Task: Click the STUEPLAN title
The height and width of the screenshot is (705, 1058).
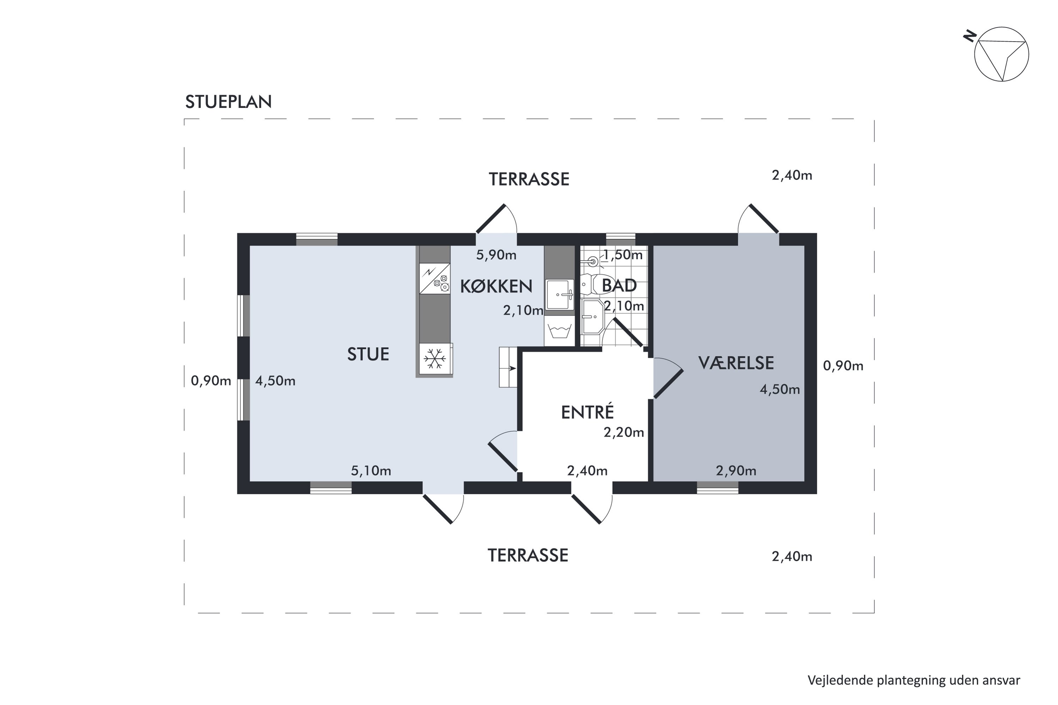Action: tap(229, 102)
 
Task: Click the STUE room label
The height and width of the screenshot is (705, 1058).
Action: tap(368, 354)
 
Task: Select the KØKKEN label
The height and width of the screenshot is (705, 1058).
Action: tap(496, 286)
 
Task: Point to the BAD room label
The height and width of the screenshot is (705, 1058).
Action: tap(619, 286)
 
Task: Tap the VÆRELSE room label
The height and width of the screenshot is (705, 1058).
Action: tap(736, 363)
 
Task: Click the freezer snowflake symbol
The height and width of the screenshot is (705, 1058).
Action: tap(434, 359)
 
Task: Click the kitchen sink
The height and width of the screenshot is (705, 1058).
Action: tap(560, 295)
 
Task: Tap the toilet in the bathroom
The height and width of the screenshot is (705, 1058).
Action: tap(596, 284)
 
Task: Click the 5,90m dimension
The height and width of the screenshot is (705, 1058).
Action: tap(496, 255)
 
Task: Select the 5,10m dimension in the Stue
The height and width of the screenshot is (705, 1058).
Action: tap(371, 471)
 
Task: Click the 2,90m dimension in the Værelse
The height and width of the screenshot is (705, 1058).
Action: tap(736, 471)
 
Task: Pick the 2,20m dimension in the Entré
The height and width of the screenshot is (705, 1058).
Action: tap(624, 433)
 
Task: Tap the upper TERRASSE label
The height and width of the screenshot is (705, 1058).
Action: tap(529, 179)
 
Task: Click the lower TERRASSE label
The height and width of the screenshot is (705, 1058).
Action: tap(528, 556)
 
